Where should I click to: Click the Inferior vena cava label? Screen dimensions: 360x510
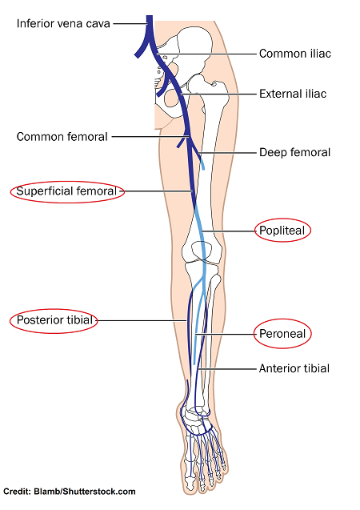pyautogui.click(x=63, y=24)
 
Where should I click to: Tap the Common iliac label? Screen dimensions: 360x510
pyautogui.click(x=295, y=54)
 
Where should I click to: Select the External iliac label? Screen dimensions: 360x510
pyautogui.click(x=293, y=94)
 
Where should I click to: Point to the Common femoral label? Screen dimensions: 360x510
pyautogui.click(x=62, y=137)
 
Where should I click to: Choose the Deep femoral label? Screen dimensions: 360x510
pyautogui.click(x=294, y=152)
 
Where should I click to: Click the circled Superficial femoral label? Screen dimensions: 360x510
pyautogui.click(x=66, y=191)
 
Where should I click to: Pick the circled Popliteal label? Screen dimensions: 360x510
pyautogui.click(x=282, y=231)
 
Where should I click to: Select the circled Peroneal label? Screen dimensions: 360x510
pyautogui.click(x=282, y=334)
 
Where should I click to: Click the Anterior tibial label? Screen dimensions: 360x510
pyautogui.click(x=294, y=368)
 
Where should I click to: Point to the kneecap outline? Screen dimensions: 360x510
pyautogui.click(x=202, y=251)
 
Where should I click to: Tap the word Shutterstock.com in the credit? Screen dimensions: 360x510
pyautogui.click(x=98, y=492)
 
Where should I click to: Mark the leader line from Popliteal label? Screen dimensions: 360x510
pyautogui.click(x=228, y=231)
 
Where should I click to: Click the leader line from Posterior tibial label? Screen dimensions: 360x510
pyautogui.click(x=142, y=321)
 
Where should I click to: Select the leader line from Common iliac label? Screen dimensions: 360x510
pyautogui.click(x=206, y=54)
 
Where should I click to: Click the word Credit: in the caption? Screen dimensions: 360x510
pyautogui.click(x=18, y=492)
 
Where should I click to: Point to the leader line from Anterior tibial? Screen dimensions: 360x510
pyautogui.click(x=227, y=369)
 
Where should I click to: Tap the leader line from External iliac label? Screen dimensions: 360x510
pyautogui.click(x=218, y=94)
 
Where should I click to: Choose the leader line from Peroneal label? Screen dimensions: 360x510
pyautogui.click(x=226, y=334)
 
